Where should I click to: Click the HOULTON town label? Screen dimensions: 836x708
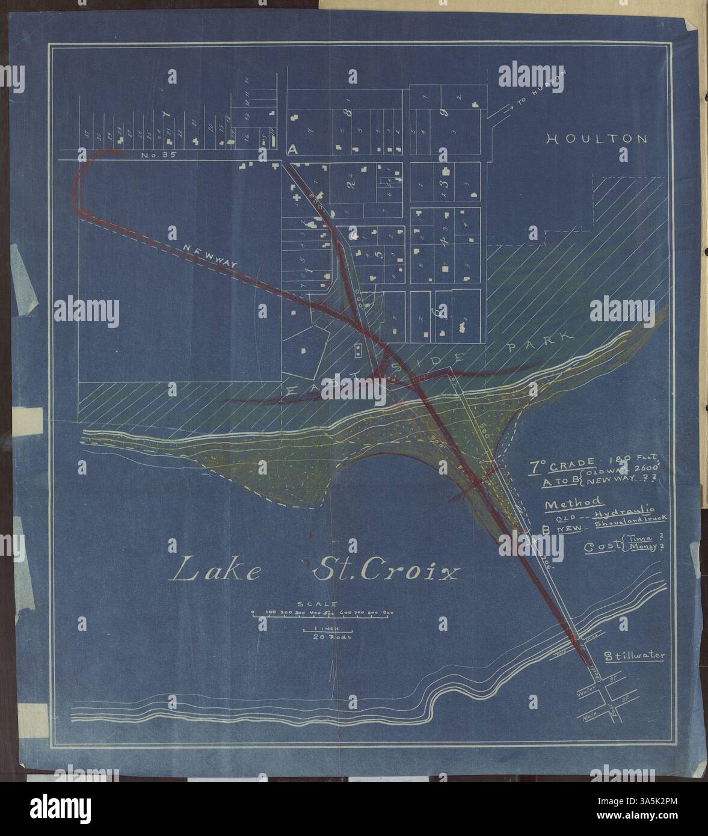597,139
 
